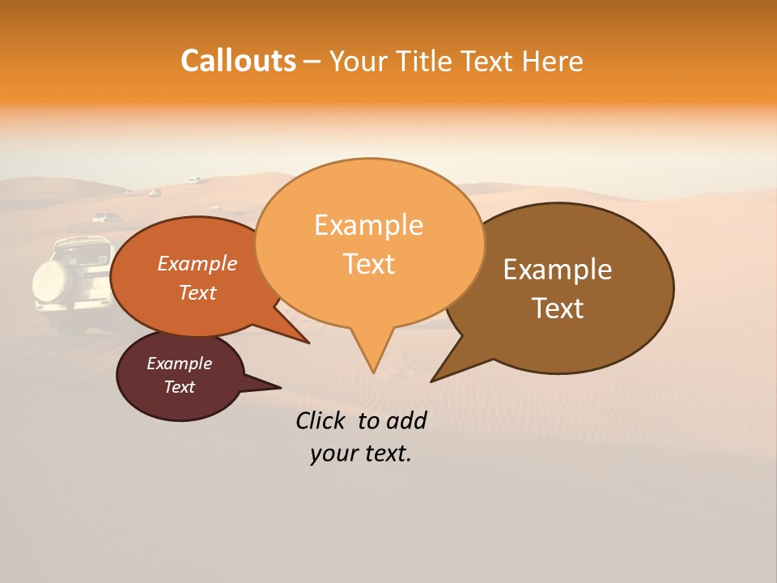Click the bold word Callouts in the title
[x=238, y=61]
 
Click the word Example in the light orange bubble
[x=368, y=224]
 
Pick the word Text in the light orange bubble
[x=369, y=264]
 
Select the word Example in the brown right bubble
[x=558, y=269]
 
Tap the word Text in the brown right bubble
[x=558, y=309]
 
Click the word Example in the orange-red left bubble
[x=197, y=263]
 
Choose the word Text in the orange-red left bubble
[x=197, y=292]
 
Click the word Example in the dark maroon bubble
[x=179, y=364]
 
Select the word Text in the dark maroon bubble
[x=179, y=387]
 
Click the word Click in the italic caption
[x=322, y=420]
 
